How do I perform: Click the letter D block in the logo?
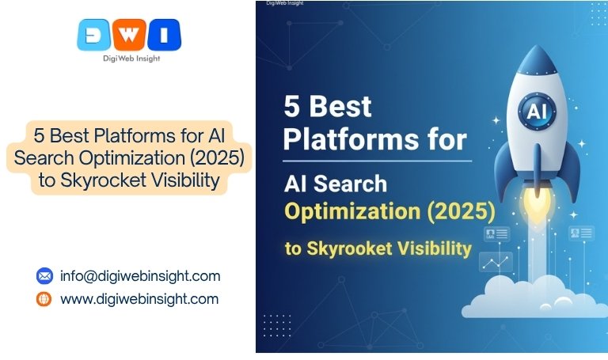93,35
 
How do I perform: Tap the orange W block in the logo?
129,35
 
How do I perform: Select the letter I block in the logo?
165,35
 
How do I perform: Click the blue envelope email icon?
44,276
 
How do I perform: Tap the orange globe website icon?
44,299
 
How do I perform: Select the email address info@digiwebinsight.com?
140,276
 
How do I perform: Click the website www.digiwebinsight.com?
139,299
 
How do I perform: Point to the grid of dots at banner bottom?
276,325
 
